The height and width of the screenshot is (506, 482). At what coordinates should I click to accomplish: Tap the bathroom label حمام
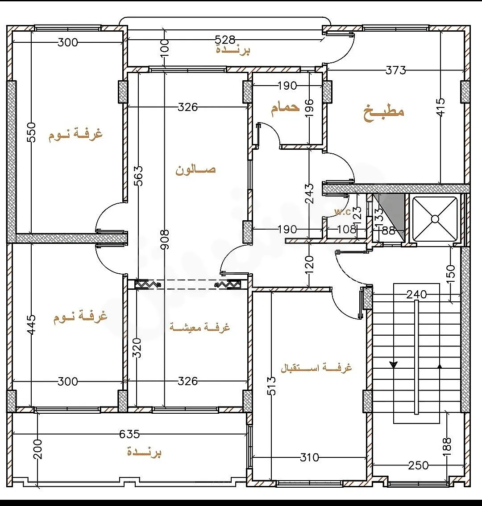(x=285, y=107)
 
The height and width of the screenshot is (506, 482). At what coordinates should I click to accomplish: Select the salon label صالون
(x=195, y=170)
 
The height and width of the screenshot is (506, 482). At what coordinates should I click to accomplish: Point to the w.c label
(x=343, y=212)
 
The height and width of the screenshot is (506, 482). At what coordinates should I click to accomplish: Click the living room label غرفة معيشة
(x=199, y=327)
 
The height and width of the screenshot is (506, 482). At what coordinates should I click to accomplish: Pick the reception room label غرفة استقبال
(x=316, y=367)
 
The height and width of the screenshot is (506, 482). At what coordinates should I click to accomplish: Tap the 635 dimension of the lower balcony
(x=129, y=434)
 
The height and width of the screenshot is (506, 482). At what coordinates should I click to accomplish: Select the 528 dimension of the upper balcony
(x=225, y=40)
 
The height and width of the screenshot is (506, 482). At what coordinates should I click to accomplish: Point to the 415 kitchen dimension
(x=441, y=106)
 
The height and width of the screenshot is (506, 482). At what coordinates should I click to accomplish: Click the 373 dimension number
(x=396, y=70)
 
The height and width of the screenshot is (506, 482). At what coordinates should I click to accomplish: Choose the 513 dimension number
(x=272, y=386)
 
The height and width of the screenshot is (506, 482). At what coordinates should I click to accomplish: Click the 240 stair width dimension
(x=416, y=294)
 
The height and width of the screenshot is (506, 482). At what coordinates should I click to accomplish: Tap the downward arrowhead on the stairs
(x=394, y=365)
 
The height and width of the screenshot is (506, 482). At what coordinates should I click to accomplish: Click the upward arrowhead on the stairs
(x=439, y=366)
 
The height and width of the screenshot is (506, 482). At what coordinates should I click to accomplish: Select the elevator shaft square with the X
(x=435, y=219)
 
